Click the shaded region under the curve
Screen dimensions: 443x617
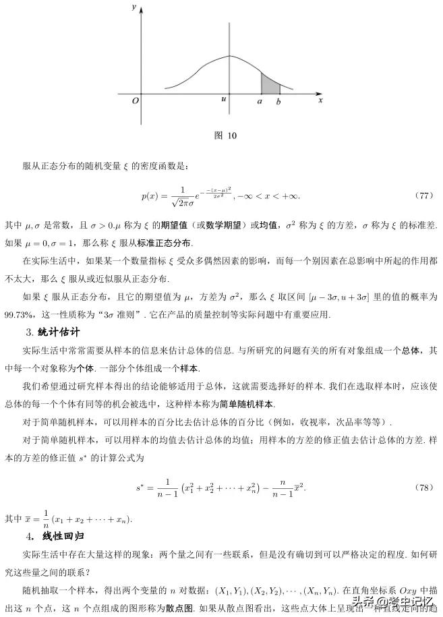tap(270, 85)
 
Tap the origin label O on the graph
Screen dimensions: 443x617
tap(135, 100)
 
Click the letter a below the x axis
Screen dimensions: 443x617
tap(260, 101)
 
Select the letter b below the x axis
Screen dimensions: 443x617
tap(278, 101)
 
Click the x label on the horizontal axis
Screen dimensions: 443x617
tap(321, 99)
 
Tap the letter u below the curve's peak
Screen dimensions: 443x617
tap(223, 100)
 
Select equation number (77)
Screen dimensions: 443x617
tap(424, 196)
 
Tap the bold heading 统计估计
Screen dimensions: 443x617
tap(61, 332)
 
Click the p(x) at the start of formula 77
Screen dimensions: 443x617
tap(149, 196)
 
